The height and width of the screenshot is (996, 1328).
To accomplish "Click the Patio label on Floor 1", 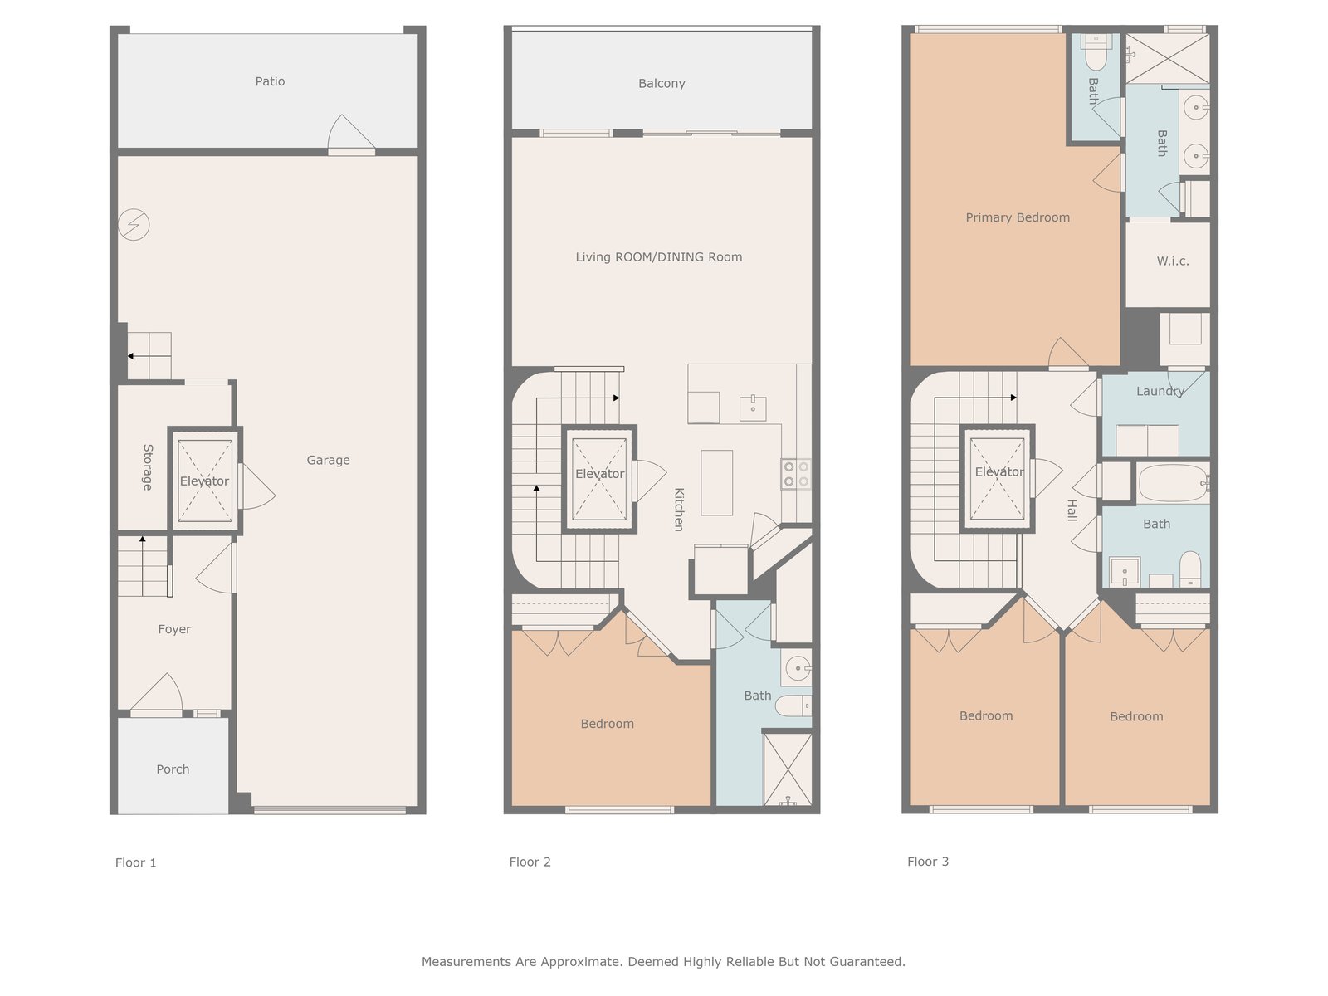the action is coord(270,81).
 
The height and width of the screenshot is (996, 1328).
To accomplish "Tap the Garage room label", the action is coord(328,460).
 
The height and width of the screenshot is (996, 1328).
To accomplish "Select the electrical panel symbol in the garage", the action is coord(134,224).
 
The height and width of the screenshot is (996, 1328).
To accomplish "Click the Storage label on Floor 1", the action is coord(148,466).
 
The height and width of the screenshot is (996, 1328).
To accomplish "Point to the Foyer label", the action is coord(174,629).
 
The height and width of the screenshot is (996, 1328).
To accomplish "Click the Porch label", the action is coord(173,769).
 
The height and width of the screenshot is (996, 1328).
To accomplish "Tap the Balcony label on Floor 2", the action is coord(662,84).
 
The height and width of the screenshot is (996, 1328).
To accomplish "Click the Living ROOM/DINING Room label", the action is coord(659,257).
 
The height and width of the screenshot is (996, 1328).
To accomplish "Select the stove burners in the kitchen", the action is coord(796,474).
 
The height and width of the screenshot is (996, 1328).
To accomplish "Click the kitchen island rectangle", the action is coord(717,482).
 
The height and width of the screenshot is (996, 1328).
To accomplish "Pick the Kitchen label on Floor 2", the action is coord(679,509).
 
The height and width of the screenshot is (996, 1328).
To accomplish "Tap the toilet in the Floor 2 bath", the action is coord(793,705).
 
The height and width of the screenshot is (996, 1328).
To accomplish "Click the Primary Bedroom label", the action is coord(1018,217).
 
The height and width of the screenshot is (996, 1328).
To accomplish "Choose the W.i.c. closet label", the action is coord(1173,261).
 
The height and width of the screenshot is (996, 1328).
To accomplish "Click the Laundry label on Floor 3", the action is coord(1160,391).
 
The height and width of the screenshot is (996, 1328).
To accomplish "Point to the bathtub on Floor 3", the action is coord(1174,482).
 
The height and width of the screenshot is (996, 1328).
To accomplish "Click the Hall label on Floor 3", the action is coord(1072,510).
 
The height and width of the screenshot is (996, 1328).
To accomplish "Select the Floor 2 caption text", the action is coord(530,862).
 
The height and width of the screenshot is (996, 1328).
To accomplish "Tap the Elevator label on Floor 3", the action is coord(999,471).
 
